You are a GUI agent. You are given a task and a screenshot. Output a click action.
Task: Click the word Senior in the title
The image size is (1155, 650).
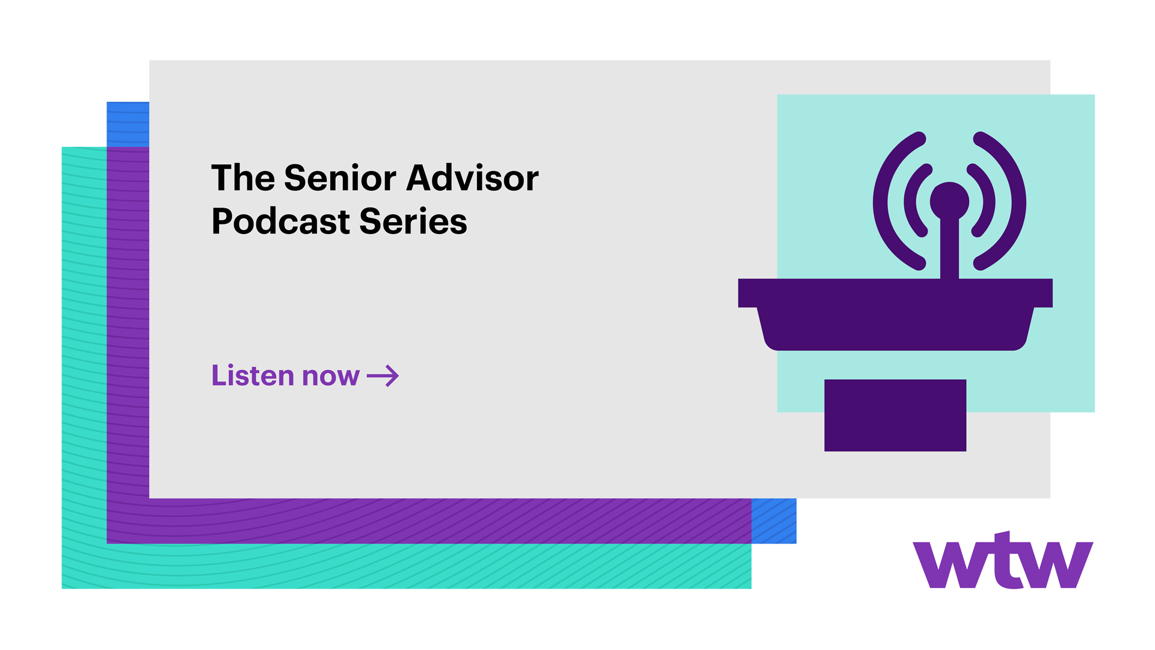tap(339, 178)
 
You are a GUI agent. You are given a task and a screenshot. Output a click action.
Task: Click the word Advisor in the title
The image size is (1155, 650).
tap(473, 178)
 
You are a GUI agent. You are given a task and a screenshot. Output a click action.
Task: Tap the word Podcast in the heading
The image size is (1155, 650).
tap(281, 221)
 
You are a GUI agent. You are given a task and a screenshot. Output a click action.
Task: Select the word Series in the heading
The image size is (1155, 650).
tap(413, 221)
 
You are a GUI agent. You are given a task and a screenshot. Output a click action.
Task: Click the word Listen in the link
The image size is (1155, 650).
tap(253, 375)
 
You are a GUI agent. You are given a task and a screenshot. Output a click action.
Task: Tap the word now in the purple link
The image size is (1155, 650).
tap(331, 377)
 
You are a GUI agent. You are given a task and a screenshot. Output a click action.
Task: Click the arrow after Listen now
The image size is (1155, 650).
tap(383, 376)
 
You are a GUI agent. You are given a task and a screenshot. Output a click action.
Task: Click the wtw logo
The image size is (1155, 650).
tap(1003, 560)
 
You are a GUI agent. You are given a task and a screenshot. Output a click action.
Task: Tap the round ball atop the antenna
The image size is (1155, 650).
tap(949, 201)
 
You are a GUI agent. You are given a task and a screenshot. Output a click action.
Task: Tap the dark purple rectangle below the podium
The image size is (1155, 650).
tap(895, 415)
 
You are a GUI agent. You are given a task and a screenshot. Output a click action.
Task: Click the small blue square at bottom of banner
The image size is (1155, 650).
tap(774, 521)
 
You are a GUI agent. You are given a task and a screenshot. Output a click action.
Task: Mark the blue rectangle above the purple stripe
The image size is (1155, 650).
tap(128, 124)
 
